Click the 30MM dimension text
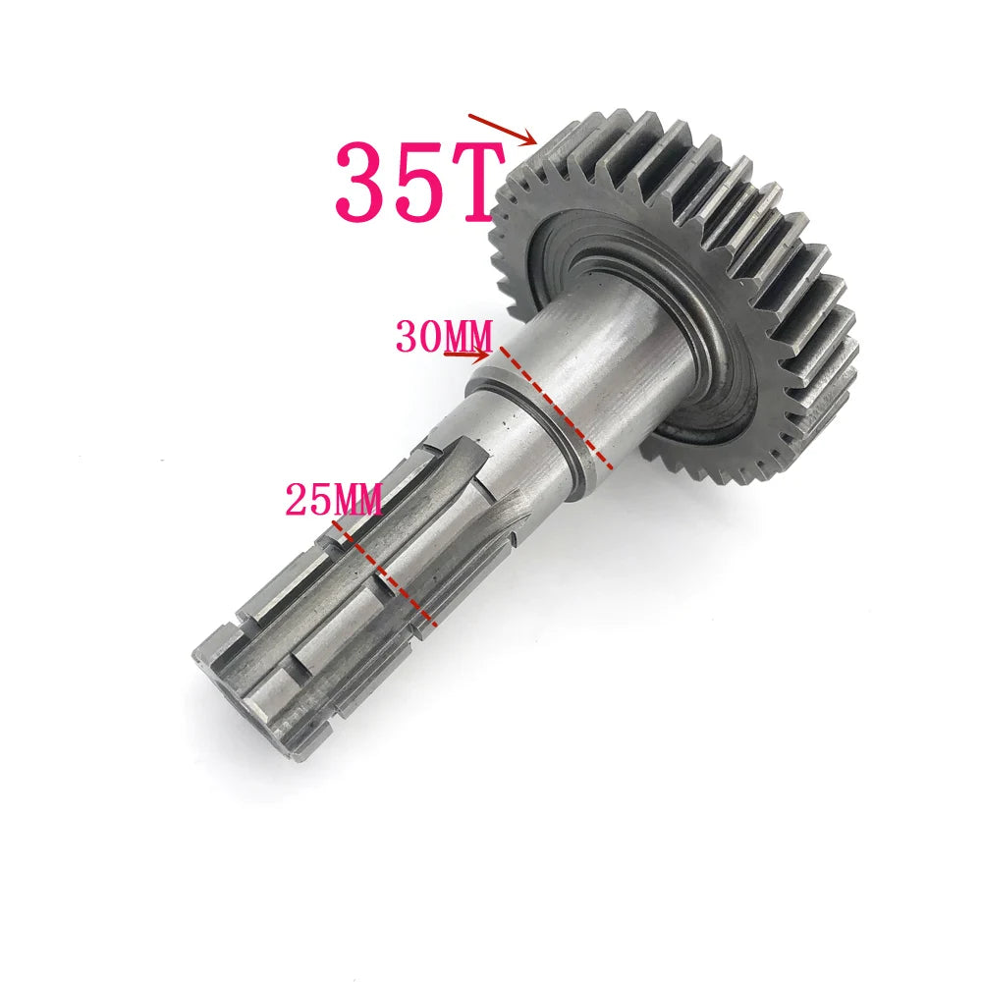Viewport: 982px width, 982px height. pyautogui.click(x=443, y=337)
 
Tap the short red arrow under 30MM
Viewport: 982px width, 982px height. pyautogui.click(x=466, y=355)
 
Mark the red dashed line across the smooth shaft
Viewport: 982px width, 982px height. pyautogui.click(x=557, y=406)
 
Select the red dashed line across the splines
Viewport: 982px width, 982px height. pyautogui.click(x=383, y=573)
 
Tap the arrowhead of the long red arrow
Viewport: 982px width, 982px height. pyautogui.click(x=531, y=138)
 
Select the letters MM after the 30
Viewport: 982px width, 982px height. pyautogui.click(x=466, y=337)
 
